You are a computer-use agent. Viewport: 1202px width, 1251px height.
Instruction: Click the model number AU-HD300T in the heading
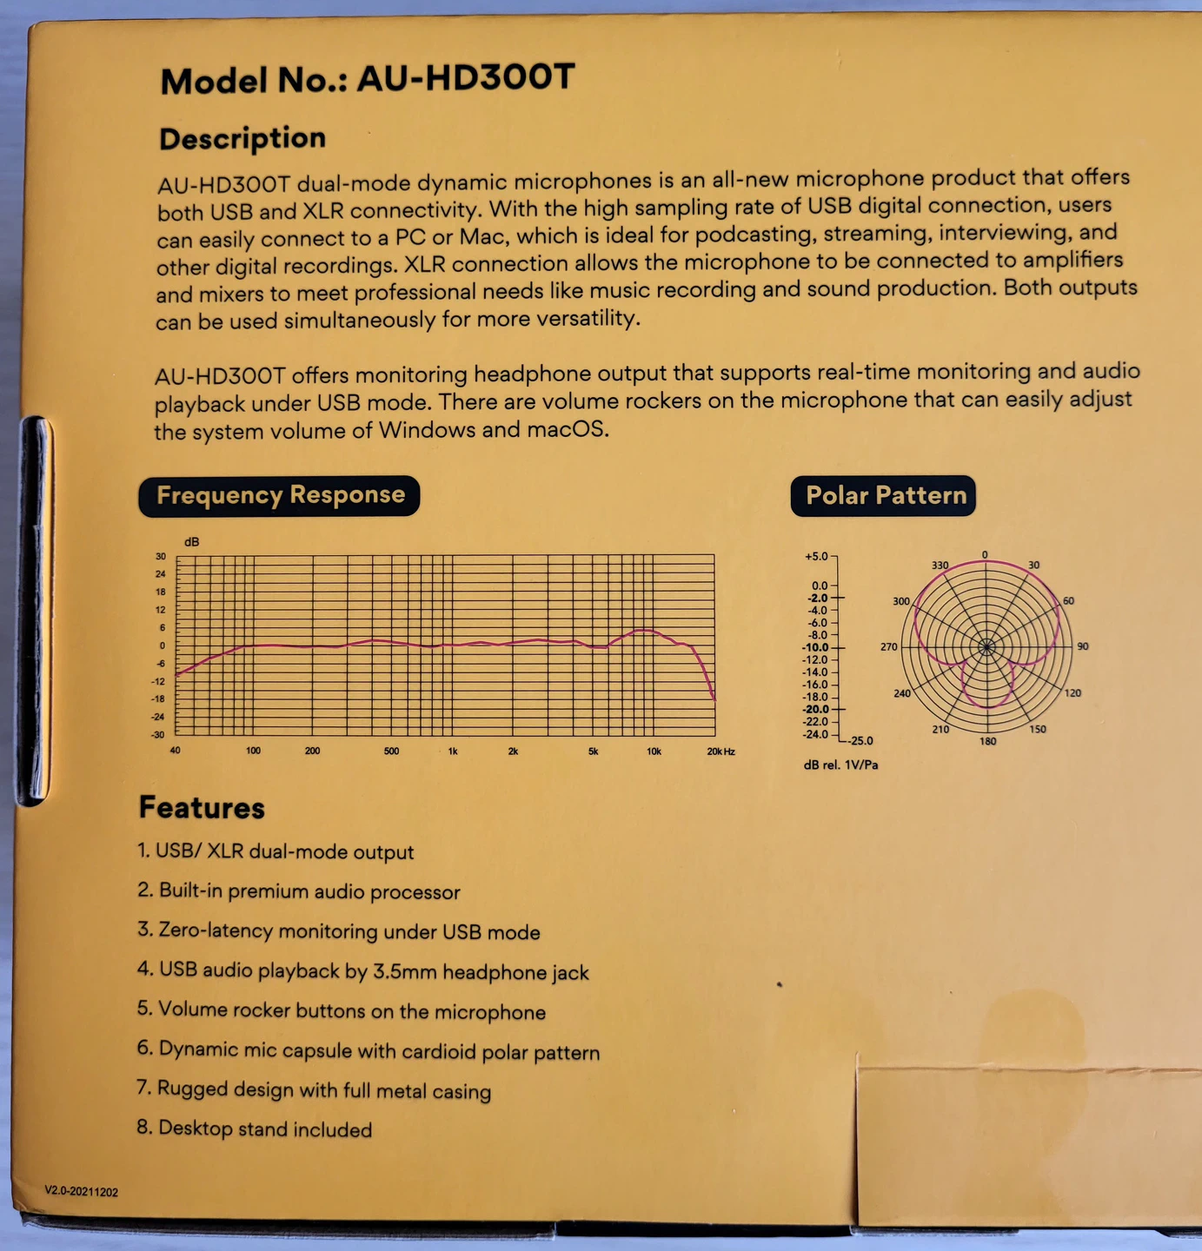tap(466, 78)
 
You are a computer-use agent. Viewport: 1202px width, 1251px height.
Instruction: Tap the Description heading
tap(242, 139)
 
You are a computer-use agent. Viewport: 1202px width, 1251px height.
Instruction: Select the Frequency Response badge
tap(280, 495)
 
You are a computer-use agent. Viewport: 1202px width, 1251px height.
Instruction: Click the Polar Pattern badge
tap(885, 495)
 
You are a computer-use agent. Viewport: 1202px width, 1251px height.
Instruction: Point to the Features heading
tap(202, 808)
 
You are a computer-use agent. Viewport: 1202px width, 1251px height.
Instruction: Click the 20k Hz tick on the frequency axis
tap(721, 751)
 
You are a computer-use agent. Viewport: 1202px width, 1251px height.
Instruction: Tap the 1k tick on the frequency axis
tap(453, 751)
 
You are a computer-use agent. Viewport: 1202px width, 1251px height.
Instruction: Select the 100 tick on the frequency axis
tap(253, 751)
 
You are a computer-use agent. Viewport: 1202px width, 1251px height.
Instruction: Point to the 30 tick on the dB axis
tap(161, 556)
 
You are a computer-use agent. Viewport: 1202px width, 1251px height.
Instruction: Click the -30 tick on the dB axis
tap(158, 735)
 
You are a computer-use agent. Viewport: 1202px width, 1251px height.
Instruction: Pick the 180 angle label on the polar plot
tap(988, 741)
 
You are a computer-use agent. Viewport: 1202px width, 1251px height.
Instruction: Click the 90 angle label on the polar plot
tap(1083, 646)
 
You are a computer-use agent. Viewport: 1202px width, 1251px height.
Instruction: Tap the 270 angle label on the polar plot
tap(888, 647)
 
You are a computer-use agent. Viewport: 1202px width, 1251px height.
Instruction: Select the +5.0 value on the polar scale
tap(816, 556)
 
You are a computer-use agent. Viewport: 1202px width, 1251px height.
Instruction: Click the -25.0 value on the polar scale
tap(860, 741)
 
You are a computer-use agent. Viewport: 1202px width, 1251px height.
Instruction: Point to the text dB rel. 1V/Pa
tap(840, 765)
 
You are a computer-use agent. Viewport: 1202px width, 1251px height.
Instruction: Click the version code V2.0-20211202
tap(82, 1192)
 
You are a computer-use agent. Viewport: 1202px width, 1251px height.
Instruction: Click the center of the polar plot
tap(986, 647)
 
